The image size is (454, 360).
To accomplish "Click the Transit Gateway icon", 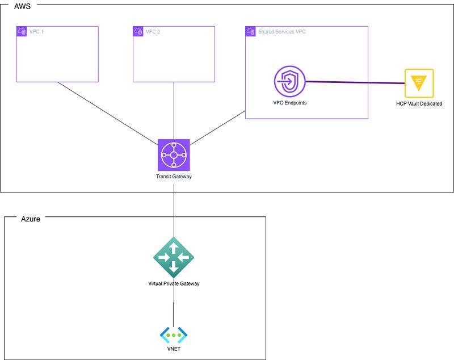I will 174,154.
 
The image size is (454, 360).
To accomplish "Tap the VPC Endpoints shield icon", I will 289,82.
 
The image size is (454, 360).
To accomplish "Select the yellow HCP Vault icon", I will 419,83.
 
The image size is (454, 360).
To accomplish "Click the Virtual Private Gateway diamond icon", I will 174,257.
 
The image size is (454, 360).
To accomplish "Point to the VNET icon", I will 174,335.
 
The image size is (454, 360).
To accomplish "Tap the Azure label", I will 31,219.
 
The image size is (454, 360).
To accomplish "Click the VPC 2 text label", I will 153,32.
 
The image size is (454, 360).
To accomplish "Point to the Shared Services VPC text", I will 283,32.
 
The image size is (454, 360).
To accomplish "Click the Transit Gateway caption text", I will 174,177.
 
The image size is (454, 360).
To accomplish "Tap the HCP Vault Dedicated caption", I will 419,104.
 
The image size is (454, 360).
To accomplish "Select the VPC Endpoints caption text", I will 289,103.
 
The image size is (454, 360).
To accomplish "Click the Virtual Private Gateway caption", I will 174,283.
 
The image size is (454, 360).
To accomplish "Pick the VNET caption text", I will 174,349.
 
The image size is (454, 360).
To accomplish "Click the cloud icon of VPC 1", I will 22,31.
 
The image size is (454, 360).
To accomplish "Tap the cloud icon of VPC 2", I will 138,31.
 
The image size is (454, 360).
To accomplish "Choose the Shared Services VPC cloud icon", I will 251,31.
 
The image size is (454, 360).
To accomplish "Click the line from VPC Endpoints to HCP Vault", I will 355,83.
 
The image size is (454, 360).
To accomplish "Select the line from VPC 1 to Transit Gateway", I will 108,112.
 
